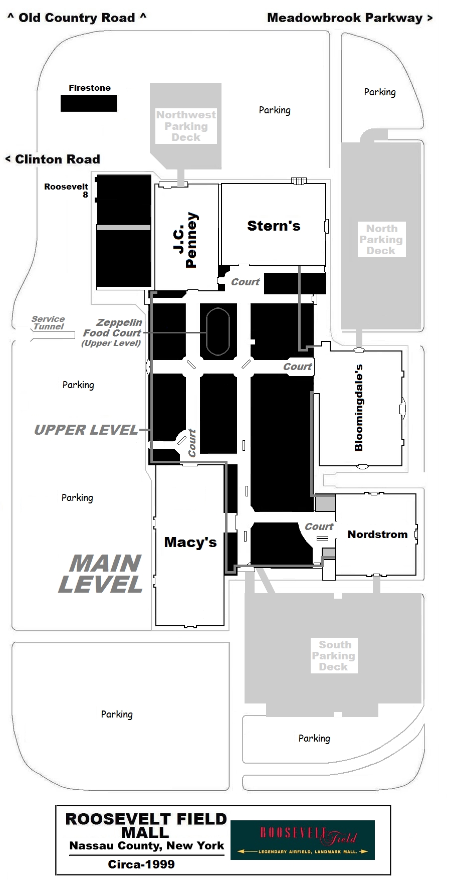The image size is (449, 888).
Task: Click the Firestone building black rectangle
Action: [x=89, y=103]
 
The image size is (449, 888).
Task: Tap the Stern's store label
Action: [x=274, y=226]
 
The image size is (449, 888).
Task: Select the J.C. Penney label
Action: [x=185, y=240]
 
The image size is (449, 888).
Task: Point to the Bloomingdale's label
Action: [x=358, y=408]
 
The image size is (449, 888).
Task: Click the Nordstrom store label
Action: [x=377, y=535]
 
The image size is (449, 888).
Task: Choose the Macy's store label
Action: [x=190, y=542]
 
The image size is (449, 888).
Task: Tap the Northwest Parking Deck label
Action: [x=186, y=126]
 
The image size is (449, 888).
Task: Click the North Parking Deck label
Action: [x=381, y=240]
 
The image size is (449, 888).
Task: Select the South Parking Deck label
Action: [x=334, y=656]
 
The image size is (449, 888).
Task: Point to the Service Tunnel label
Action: [x=48, y=323]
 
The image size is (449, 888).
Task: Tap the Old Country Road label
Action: [x=77, y=18]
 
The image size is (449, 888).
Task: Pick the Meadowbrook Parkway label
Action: [x=350, y=18]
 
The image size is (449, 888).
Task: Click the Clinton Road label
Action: [x=53, y=159]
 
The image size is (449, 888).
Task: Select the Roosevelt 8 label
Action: [x=66, y=191]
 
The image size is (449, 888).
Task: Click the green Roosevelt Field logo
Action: [x=303, y=840]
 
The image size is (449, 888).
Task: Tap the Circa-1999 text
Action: [x=141, y=864]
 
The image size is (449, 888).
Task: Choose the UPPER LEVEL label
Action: [x=86, y=430]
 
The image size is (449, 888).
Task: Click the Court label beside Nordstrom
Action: [x=319, y=526]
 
